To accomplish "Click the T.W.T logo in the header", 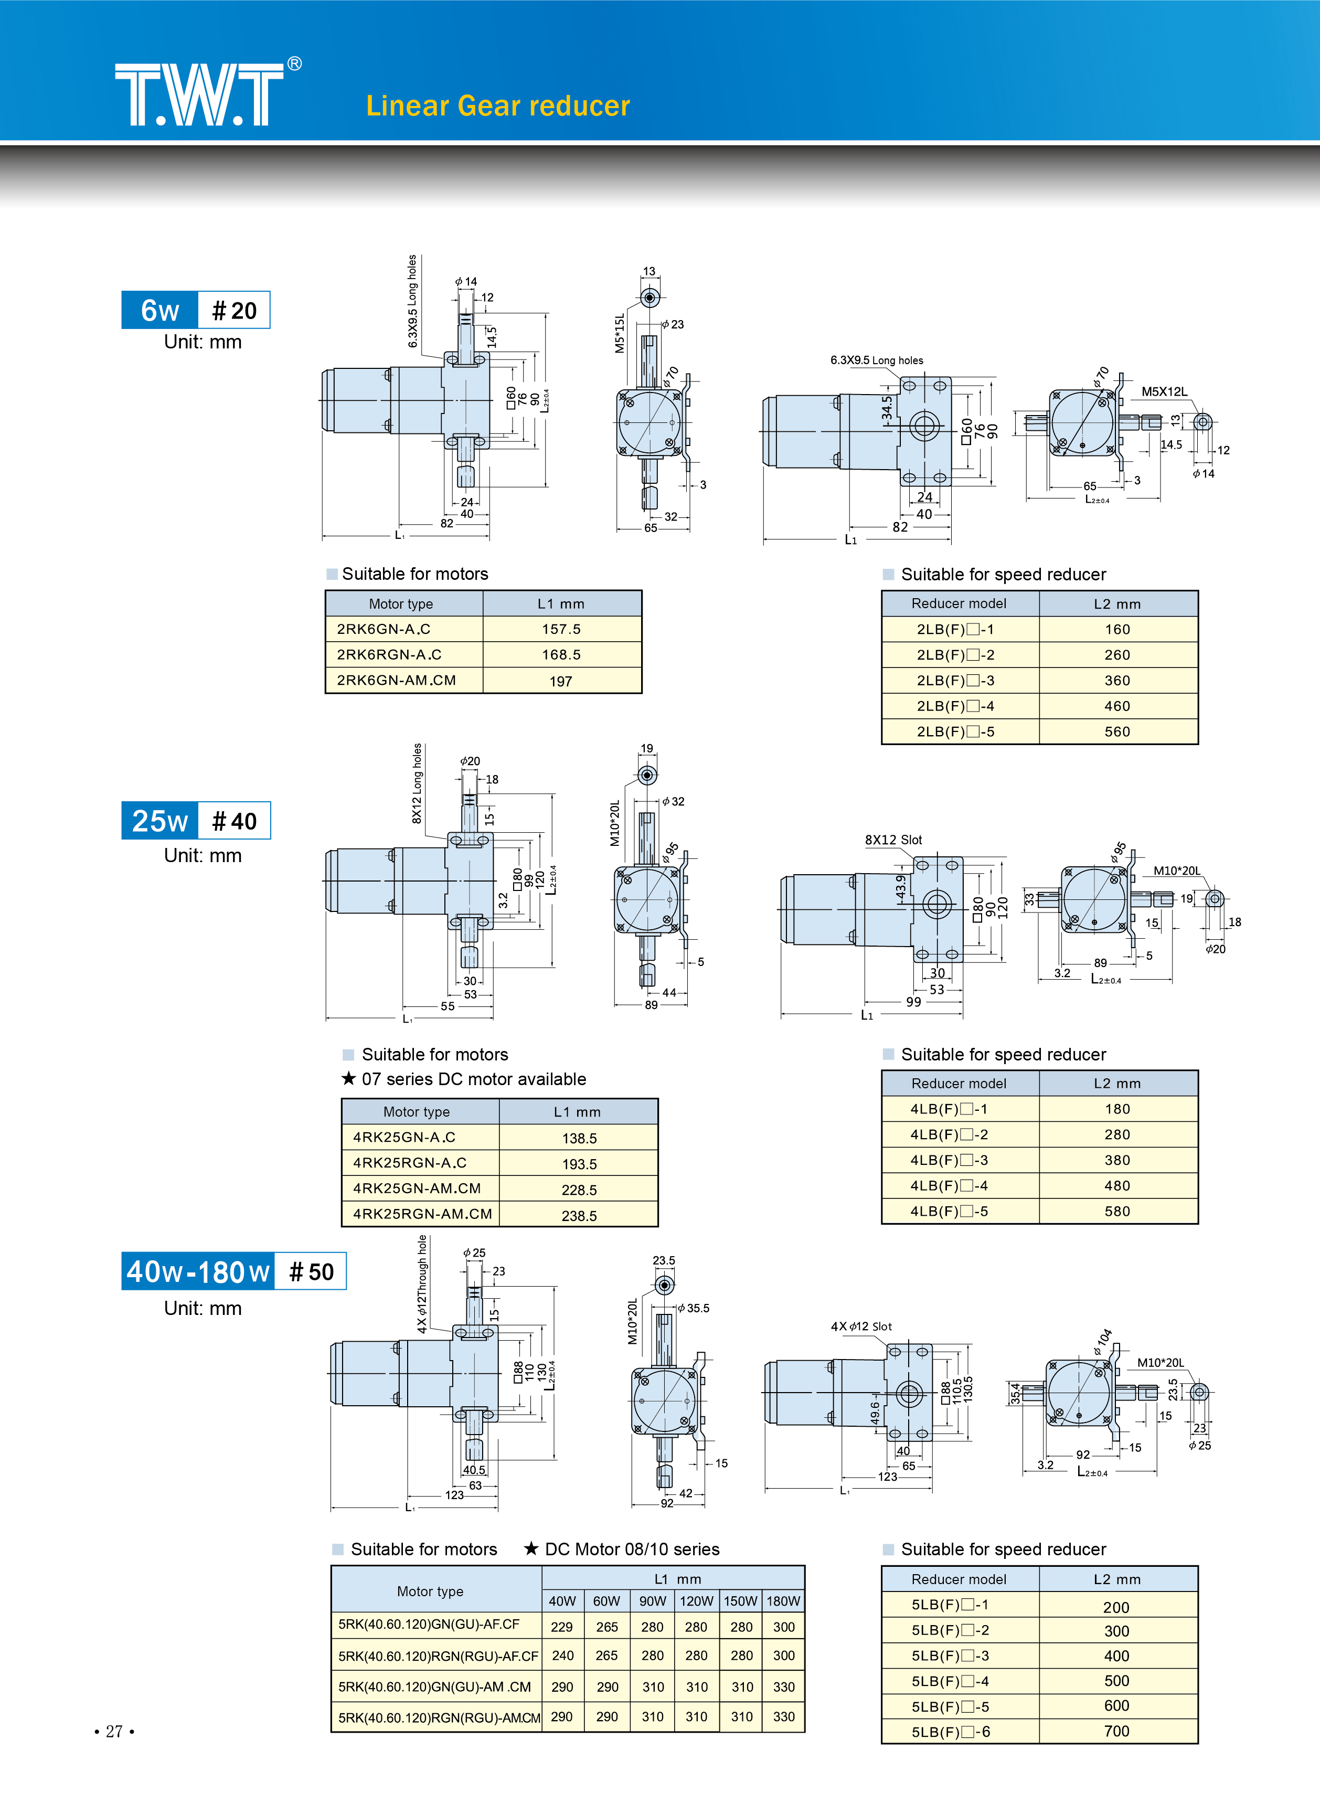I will pos(200,94).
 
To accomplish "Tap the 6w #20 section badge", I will pos(196,310).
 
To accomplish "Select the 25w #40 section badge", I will pos(196,821).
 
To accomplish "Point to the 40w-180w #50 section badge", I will pos(233,1271).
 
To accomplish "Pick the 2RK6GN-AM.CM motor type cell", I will pos(396,681).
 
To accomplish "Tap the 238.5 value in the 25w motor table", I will pos(579,1216).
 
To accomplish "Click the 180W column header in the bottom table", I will pos(783,1601).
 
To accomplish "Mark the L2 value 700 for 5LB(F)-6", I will pos(1116,1731).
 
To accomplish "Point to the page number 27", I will pos(114,1731).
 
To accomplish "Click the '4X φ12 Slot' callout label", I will pos(861,1326).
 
